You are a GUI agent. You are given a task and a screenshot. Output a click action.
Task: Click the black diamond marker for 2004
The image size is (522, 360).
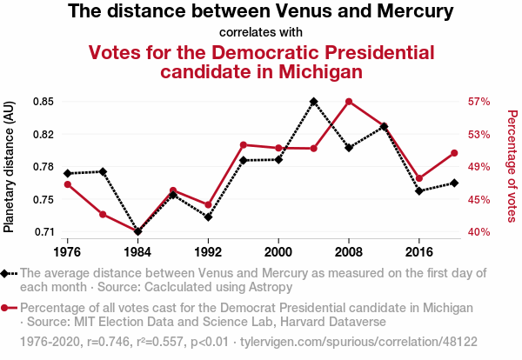313,102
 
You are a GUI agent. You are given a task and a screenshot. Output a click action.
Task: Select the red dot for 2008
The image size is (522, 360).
349,102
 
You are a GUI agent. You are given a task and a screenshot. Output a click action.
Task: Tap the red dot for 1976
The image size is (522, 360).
67,184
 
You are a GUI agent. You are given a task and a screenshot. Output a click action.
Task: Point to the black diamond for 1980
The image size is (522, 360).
103,171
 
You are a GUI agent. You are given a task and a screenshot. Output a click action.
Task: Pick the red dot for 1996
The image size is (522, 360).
243,144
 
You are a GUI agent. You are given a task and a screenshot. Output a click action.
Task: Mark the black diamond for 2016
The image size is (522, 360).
419,190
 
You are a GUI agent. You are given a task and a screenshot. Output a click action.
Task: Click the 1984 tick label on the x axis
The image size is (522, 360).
137,252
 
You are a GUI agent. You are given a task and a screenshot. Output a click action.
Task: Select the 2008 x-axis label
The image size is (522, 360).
349,252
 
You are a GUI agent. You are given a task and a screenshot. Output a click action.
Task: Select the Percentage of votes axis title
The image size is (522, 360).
512,165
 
